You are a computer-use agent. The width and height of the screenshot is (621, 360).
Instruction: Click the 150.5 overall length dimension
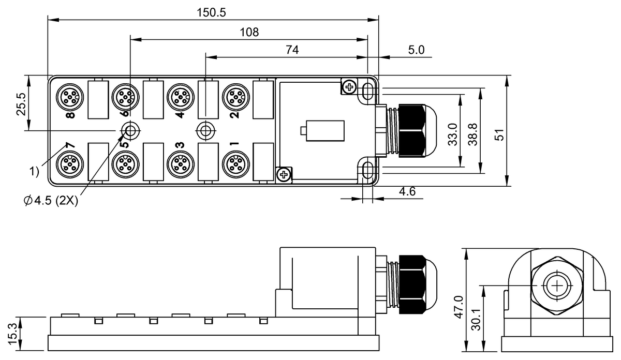pyautogui.click(x=211, y=13)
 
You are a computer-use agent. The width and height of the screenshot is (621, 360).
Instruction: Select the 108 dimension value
pyautogui.click(x=249, y=33)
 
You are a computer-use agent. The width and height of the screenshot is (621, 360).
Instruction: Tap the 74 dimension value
pyautogui.click(x=292, y=50)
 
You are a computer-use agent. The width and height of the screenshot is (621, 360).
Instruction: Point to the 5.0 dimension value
pyautogui.click(x=416, y=50)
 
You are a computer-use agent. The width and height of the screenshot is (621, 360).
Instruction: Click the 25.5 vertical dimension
pyautogui.click(x=21, y=104)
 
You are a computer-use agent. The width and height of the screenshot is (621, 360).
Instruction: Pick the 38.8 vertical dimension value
pyautogui.click(x=472, y=134)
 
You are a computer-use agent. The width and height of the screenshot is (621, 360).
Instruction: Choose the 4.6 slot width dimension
pyautogui.click(x=407, y=191)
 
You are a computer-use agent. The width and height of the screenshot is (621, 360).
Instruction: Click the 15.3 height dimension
pyautogui.click(x=13, y=334)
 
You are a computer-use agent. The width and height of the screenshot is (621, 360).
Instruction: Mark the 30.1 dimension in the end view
pyautogui.click(x=476, y=320)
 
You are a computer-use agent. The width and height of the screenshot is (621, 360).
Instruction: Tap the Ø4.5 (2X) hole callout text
pyautogui.click(x=51, y=200)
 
